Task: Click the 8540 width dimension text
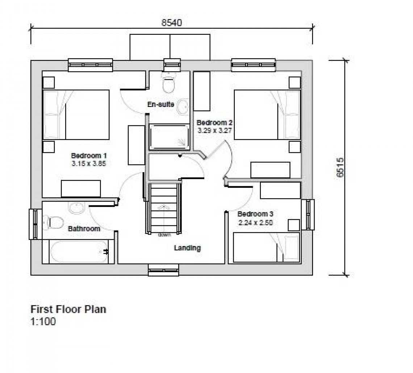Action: (x=172, y=23)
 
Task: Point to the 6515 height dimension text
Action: (x=340, y=167)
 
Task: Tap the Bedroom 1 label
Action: (x=89, y=155)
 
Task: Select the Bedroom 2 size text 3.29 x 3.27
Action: (x=215, y=131)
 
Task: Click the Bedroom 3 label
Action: (x=255, y=214)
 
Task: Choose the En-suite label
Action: (x=160, y=104)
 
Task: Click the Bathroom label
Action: (x=84, y=229)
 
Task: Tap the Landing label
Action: (x=187, y=248)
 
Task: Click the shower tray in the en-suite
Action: (x=169, y=137)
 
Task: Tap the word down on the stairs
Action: (x=164, y=235)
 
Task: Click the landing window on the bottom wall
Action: (x=163, y=270)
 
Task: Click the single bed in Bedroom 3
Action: (x=267, y=247)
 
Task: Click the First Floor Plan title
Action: (x=68, y=309)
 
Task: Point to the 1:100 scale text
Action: (x=43, y=322)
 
